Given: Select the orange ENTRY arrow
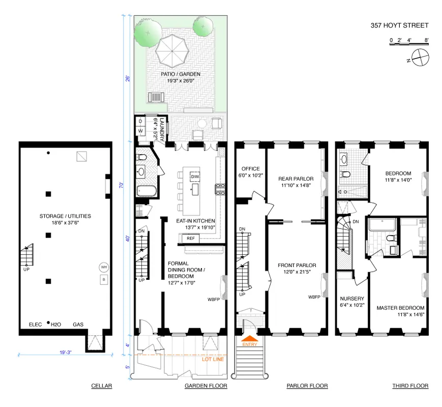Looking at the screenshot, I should pyautogui.click(x=249, y=338).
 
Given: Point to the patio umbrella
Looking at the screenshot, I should pyautogui.click(x=172, y=51).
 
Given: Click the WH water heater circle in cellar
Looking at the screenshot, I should pyautogui.click(x=104, y=268).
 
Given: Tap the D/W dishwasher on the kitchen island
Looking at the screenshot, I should pyautogui.click(x=195, y=177).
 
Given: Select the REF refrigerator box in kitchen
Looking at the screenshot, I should pyautogui.click(x=191, y=238).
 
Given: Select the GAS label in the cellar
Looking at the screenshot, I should pyautogui.click(x=78, y=324).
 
